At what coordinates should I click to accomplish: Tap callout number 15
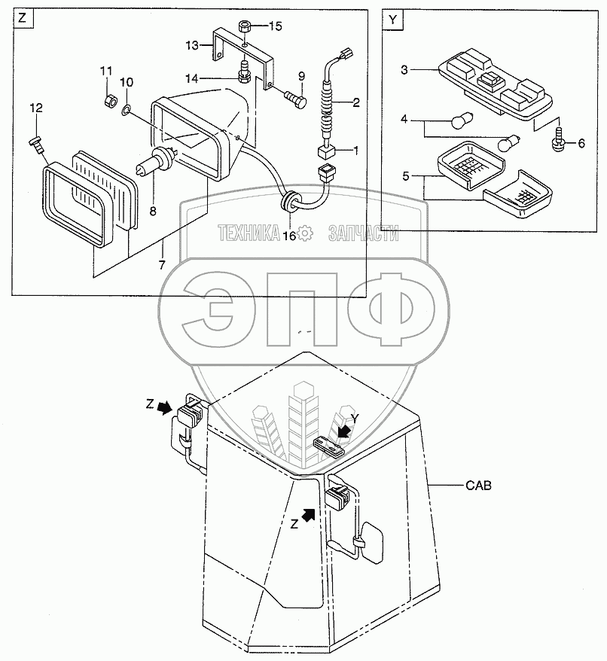point(275,26)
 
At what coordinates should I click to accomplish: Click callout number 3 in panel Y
point(404,70)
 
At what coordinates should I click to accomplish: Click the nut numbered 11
point(108,99)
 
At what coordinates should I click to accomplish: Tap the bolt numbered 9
point(294,96)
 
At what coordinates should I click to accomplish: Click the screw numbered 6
point(559,141)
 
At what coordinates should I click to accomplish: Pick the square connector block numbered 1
point(326,152)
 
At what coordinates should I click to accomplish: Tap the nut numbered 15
point(244,27)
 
